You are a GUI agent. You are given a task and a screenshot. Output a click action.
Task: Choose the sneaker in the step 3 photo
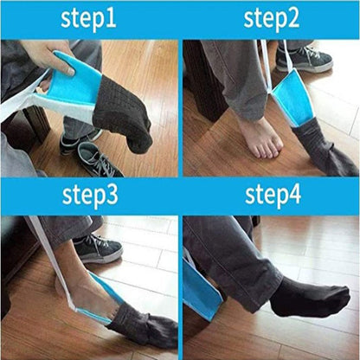pyautogui.click(x=94, y=248)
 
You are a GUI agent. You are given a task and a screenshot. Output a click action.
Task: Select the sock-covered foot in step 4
pyautogui.click(x=303, y=294)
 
